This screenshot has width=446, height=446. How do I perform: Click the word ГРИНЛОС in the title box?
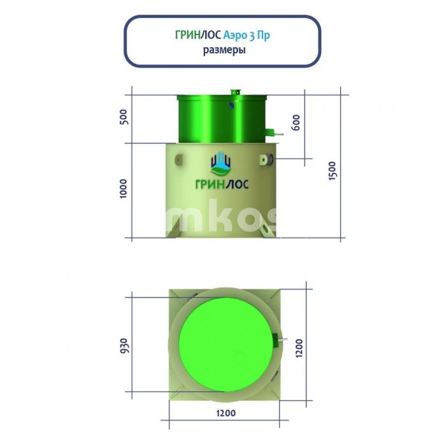(x=198, y=35)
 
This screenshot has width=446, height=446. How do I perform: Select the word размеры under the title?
(x=224, y=50)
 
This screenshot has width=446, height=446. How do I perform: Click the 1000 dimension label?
(x=124, y=189)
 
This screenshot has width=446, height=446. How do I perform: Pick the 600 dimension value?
(x=296, y=122)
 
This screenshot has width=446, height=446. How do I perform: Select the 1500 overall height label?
(x=332, y=171)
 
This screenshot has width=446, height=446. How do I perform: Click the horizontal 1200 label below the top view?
(x=226, y=413)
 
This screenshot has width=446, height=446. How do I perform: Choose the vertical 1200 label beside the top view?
(x=299, y=348)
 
